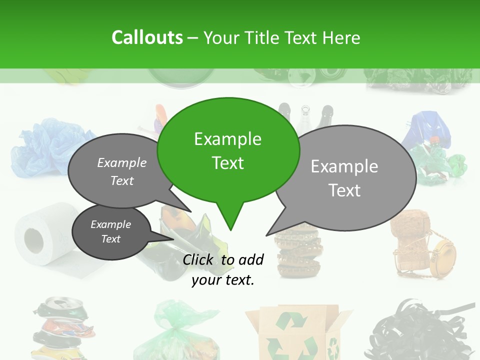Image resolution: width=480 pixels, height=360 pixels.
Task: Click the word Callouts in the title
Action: (x=147, y=37)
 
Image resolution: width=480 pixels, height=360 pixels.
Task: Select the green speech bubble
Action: (x=228, y=150)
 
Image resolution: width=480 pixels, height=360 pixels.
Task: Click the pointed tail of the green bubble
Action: (x=229, y=220)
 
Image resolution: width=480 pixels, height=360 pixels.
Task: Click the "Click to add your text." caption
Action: (x=223, y=269)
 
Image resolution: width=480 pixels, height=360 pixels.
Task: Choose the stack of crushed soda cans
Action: (x=62, y=327)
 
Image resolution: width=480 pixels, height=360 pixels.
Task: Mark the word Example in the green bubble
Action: (x=227, y=139)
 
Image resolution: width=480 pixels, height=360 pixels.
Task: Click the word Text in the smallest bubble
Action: (x=110, y=239)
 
